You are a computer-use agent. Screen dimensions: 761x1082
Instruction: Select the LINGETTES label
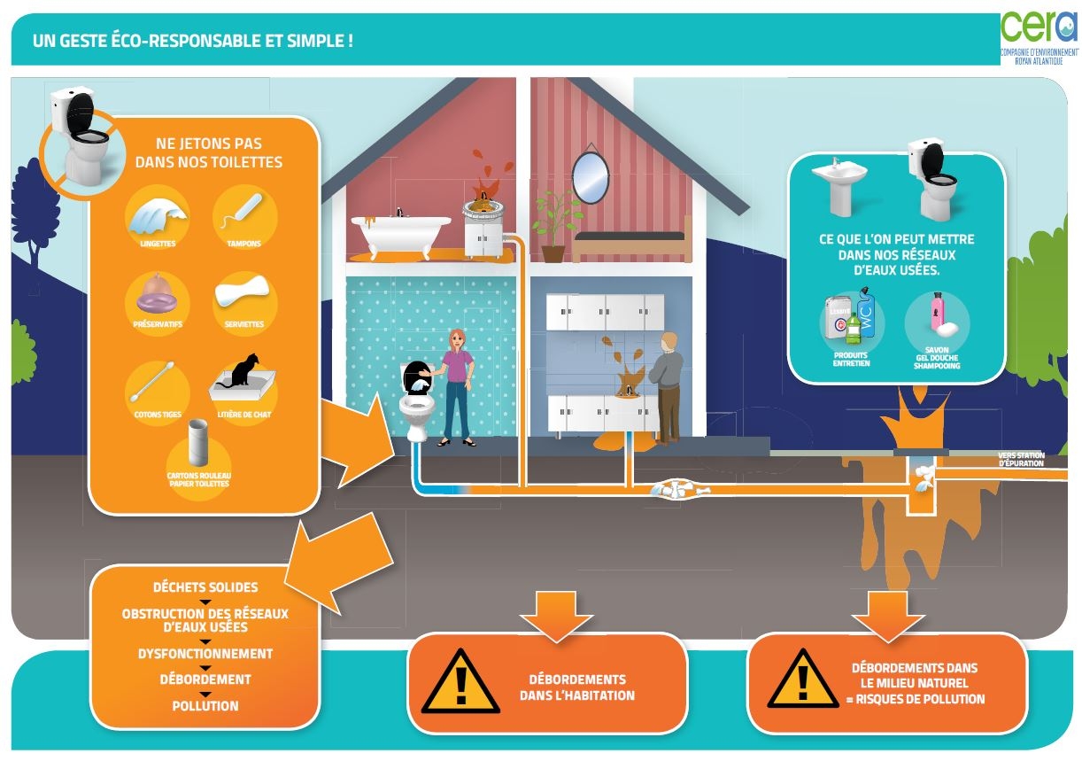pos(158,243)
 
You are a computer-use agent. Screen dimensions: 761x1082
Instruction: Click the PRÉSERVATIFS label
pos(158,324)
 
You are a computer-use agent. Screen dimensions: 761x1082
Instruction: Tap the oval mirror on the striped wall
pos(590,177)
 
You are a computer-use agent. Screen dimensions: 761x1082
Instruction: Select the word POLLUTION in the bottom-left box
pos(205,706)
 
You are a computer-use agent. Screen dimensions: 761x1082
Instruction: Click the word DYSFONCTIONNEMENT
pos(205,654)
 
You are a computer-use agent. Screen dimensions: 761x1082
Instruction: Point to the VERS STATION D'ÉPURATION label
pos(1021,459)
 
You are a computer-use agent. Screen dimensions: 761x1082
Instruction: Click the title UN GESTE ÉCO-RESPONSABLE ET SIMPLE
pos(192,40)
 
